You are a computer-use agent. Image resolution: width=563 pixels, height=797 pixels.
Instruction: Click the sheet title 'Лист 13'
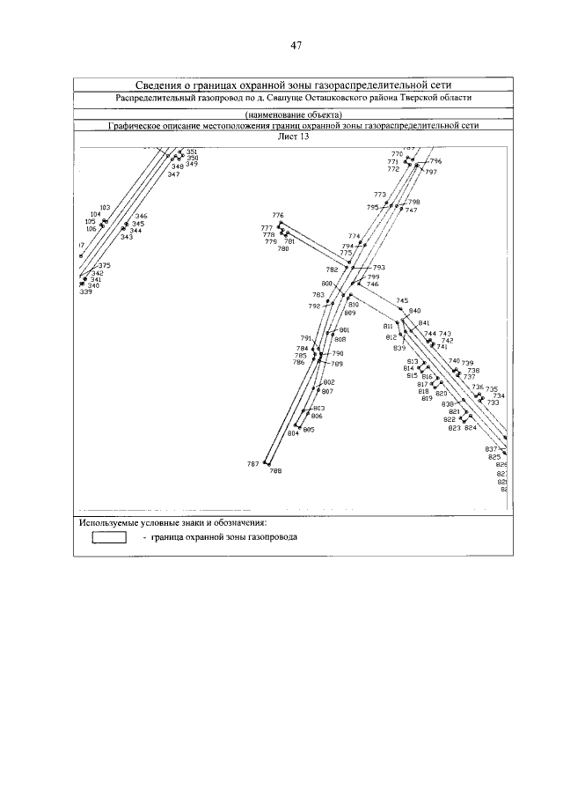[x=293, y=137]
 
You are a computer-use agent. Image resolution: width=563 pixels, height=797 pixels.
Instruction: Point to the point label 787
[x=253, y=464]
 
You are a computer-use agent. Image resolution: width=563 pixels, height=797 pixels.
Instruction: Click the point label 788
[x=276, y=472]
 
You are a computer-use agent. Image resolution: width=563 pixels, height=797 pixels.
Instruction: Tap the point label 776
[x=278, y=216]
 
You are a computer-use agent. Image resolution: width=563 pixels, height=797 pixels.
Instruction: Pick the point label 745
[x=402, y=301]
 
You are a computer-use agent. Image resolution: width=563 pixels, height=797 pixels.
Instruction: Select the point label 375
[x=104, y=266]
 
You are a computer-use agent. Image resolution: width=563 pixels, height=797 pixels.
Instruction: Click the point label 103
[x=105, y=207]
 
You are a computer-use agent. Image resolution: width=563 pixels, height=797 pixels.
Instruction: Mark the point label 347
[x=173, y=174]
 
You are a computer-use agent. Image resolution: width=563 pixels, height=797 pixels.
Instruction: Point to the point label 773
[x=380, y=195]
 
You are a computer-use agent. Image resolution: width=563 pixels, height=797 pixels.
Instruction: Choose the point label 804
[x=293, y=433]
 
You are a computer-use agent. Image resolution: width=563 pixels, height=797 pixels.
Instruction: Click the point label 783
[x=318, y=295]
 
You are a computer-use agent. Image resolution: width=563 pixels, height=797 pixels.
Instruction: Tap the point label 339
[x=85, y=292]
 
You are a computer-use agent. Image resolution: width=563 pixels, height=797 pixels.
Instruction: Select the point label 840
[x=415, y=311]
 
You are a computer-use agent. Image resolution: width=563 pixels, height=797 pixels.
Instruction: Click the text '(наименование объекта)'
[x=294, y=115]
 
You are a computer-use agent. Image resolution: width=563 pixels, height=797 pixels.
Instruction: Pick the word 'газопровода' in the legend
[x=270, y=537]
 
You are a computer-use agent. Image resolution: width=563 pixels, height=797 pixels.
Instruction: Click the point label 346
[x=141, y=217]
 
